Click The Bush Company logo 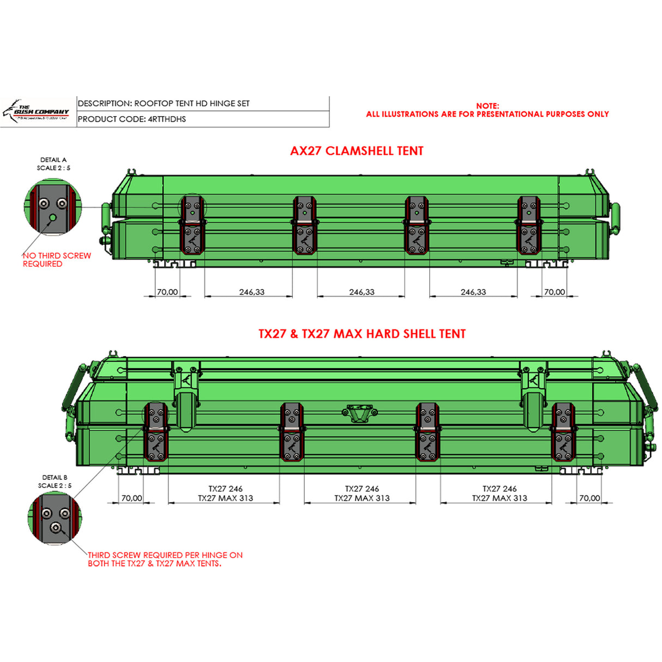click(37, 112)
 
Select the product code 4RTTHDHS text click(132, 119)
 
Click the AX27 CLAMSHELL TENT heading click(357, 151)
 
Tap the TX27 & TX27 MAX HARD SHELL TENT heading click(362, 334)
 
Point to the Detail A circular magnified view click(53, 208)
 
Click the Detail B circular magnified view click(55, 519)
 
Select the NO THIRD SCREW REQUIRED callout click(57, 260)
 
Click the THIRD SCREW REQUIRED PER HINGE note click(165, 559)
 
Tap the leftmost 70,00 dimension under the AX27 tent click(167, 292)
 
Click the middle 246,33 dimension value click(362, 292)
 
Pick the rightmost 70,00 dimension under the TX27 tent click(589, 498)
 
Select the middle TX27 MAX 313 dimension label click(362, 498)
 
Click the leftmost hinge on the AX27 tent click(193, 225)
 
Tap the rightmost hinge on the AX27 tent click(528, 225)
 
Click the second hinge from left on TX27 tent click(292, 432)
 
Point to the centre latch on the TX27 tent click(359, 412)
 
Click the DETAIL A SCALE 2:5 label click(53, 164)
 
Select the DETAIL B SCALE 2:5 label click(55, 482)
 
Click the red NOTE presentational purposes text click(488, 110)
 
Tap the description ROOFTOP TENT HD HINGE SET click(164, 103)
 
